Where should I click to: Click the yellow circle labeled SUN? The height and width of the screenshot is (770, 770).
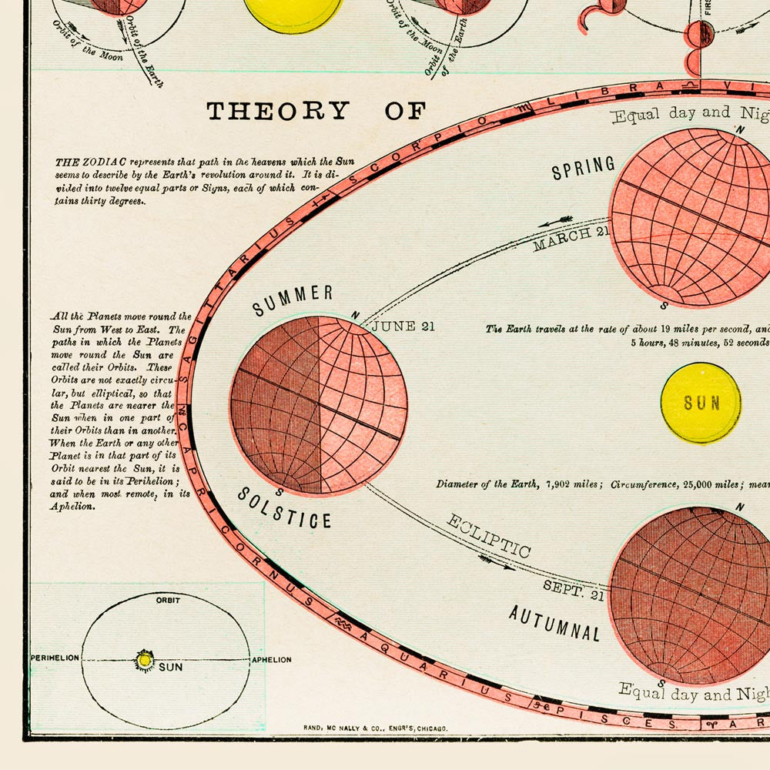coord(701,403)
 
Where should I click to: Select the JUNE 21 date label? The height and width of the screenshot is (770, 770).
coord(403,326)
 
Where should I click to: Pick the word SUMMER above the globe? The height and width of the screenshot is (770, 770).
coord(293,300)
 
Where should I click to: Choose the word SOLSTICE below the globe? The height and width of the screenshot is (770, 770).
coord(284,508)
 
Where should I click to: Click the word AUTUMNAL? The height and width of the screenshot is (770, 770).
coord(554,623)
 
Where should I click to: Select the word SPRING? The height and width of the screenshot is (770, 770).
coord(583,167)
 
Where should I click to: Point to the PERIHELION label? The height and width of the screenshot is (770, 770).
coord(55,659)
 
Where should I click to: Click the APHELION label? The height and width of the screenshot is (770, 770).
coord(271,660)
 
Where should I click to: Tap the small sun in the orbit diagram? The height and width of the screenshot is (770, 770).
coord(144,660)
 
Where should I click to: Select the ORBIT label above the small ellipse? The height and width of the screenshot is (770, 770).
coord(168,600)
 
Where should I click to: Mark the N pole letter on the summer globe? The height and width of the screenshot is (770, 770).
coord(354,315)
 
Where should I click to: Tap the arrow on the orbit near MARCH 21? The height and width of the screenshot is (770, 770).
coord(556,222)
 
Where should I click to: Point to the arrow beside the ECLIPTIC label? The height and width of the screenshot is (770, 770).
coord(500,566)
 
